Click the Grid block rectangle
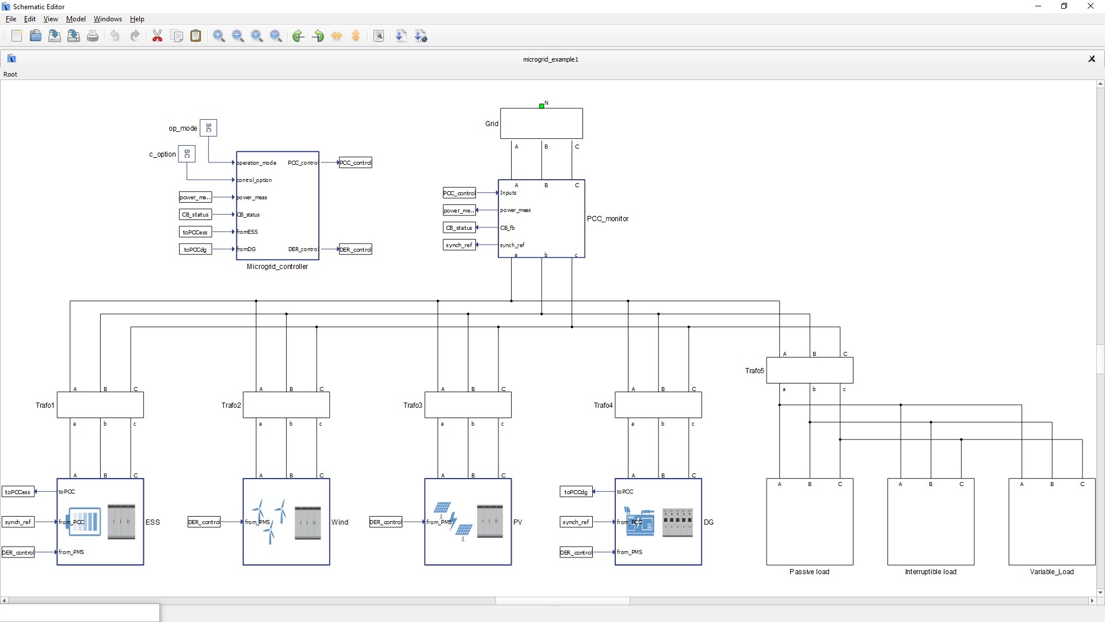coord(541,123)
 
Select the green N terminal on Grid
coord(542,106)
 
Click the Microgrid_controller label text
coord(277,267)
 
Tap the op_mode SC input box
coord(208,128)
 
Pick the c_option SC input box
coord(186,154)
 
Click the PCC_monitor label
coord(607,219)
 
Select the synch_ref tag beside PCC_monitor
coord(459,245)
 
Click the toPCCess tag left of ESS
coord(18,492)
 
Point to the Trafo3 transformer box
coord(467,405)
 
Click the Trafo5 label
coord(754,371)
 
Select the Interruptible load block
coord(930,521)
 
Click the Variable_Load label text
coord(1051,572)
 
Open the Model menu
coord(75,19)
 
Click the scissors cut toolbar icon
coord(157,36)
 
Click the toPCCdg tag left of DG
coord(576,492)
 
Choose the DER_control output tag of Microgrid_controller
coord(355,249)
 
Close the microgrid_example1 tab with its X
coord(1091,59)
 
